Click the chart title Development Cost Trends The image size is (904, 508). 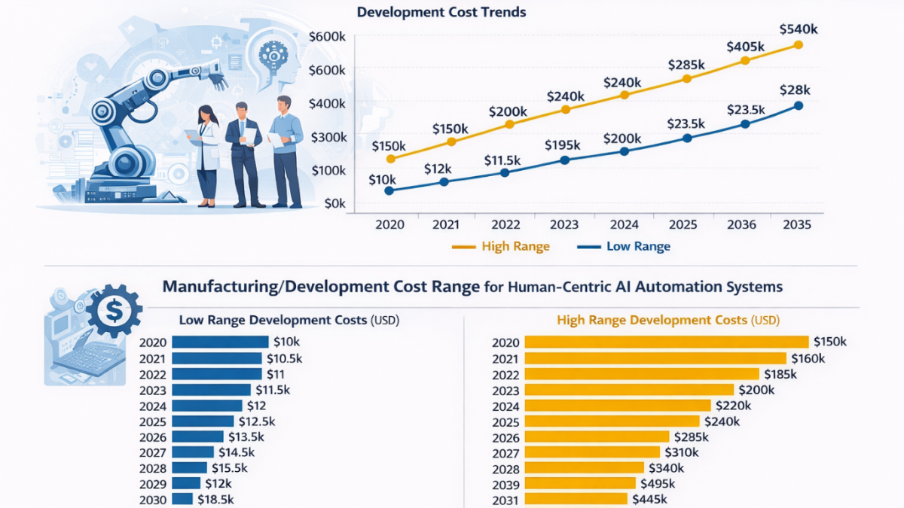click(441, 12)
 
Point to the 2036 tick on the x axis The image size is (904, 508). click(741, 224)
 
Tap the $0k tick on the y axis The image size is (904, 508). click(333, 203)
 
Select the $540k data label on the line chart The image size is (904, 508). click(799, 29)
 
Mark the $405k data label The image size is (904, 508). click(746, 47)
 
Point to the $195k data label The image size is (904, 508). click(561, 144)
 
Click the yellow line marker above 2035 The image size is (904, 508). click(799, 45)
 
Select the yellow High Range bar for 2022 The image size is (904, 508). click(642, 374)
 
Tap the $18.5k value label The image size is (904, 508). click(216, 498)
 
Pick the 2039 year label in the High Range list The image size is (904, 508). click(505, 482)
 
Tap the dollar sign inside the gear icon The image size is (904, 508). click(115, 308)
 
